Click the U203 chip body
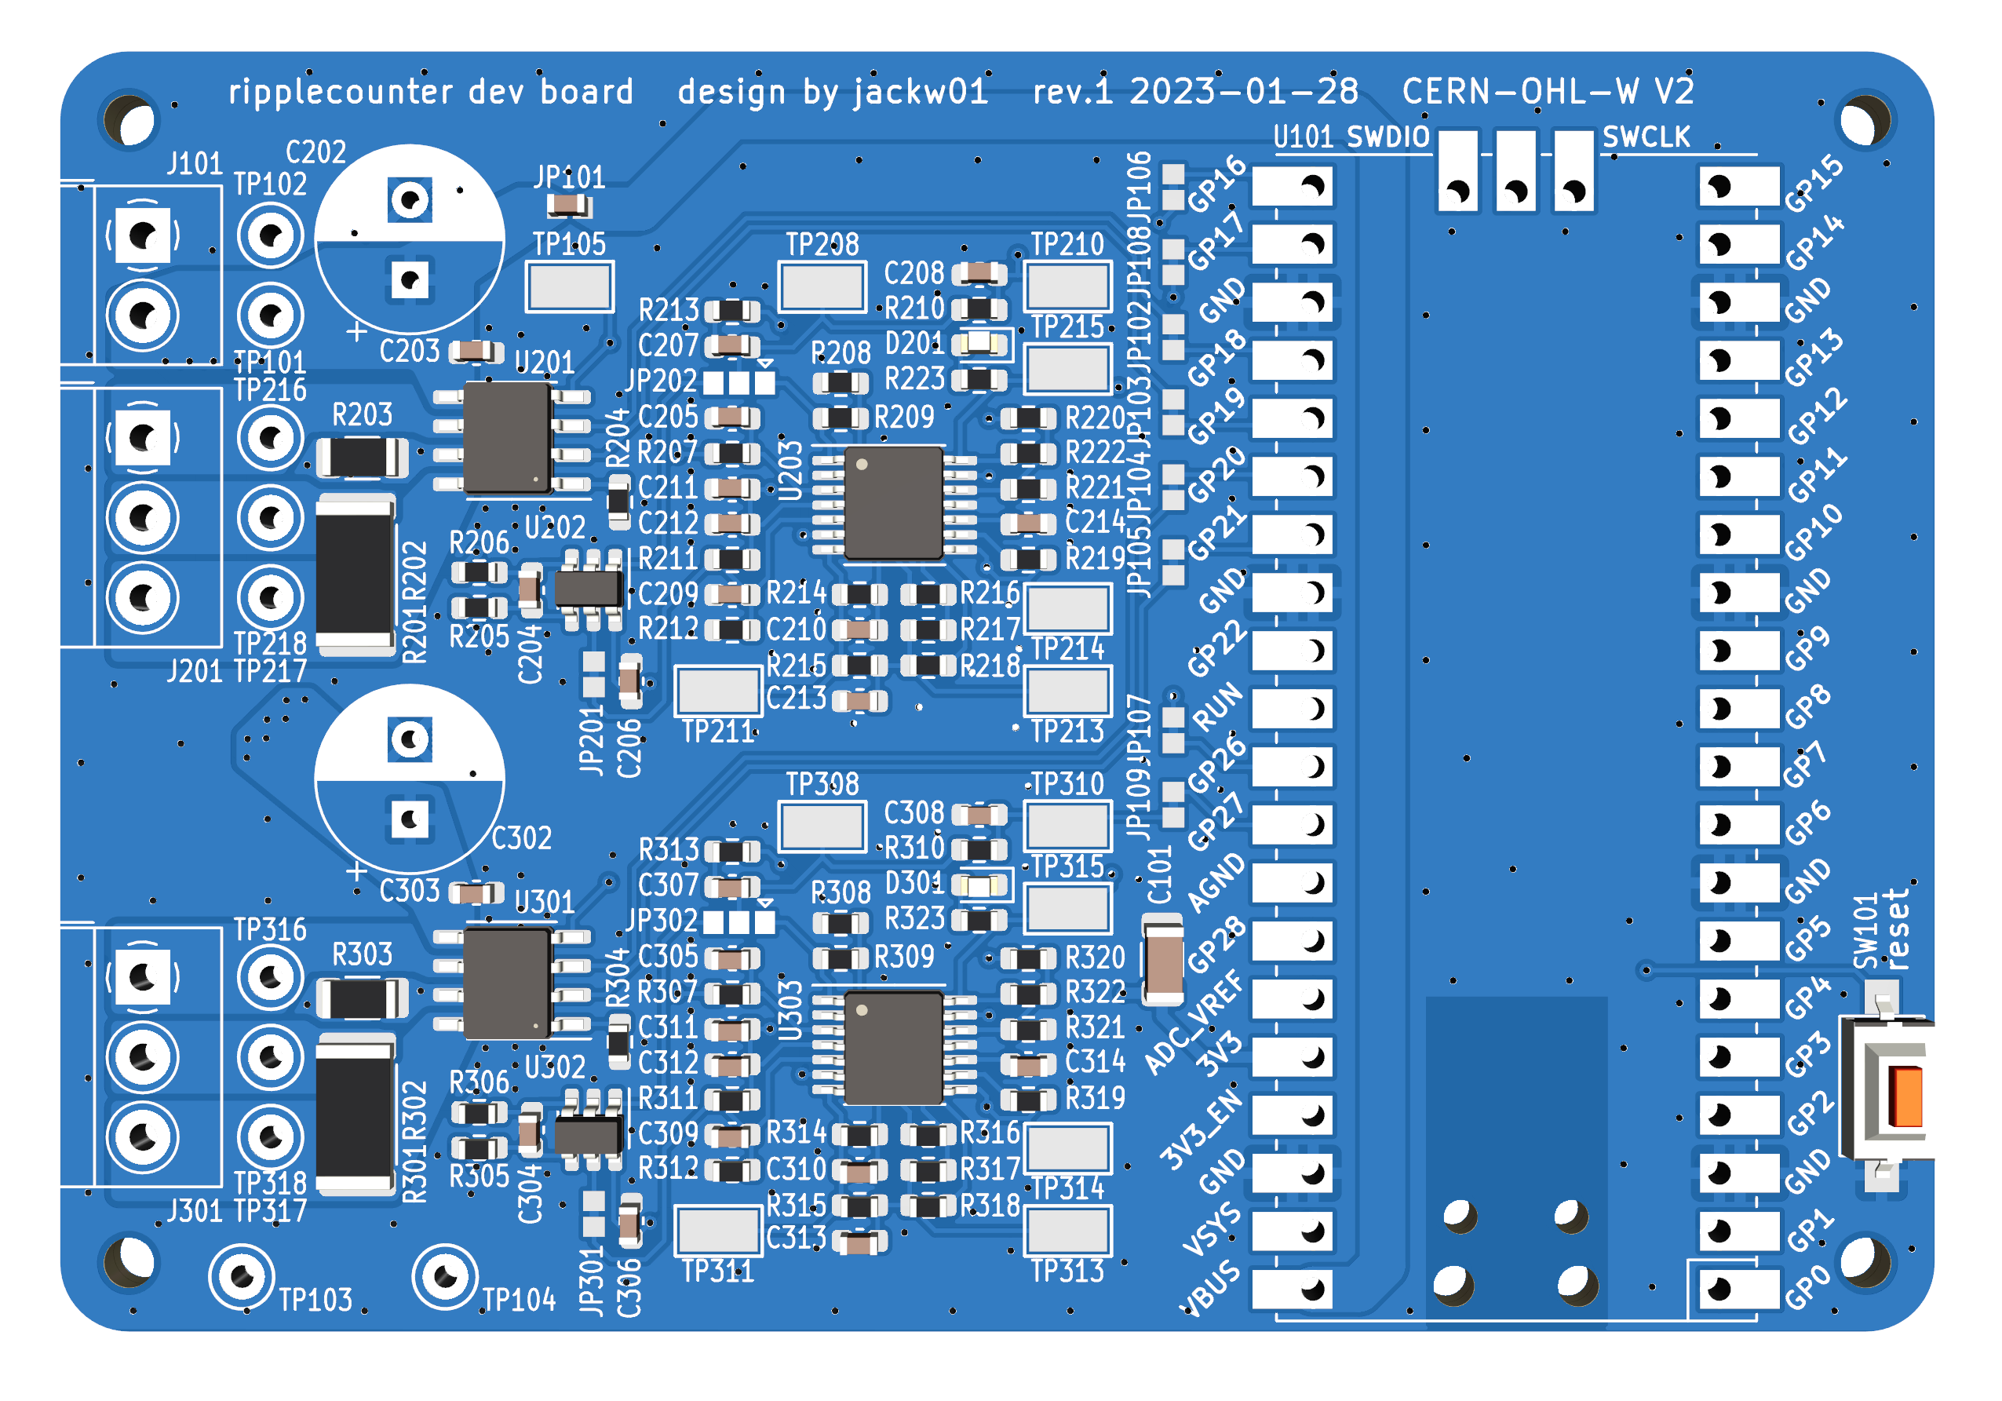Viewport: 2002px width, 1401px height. tap(894, 503)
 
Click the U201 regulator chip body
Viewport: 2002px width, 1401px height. tap(507, 438)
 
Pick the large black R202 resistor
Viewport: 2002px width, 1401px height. tap(355, 575)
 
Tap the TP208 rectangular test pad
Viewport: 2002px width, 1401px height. tap(822, 286)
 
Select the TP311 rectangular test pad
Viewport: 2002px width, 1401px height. tap(717, 1230)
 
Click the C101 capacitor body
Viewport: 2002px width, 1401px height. tap(1163, 960)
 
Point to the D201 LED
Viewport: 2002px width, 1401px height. tap(980, 344)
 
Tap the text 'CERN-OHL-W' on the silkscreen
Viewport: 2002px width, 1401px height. tap(1520, 92)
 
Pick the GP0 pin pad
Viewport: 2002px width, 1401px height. tap(1738, 1289)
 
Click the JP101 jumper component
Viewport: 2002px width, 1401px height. tap(568, 206)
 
